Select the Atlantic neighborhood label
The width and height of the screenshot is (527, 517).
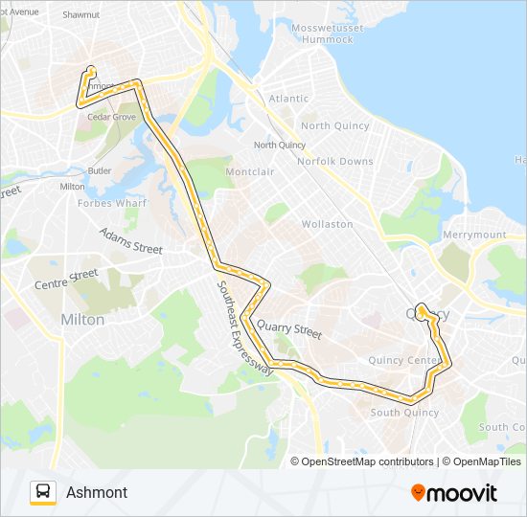288,99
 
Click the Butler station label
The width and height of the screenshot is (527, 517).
100,170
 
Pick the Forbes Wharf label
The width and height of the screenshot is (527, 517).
111,203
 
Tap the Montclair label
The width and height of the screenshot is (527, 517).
250,171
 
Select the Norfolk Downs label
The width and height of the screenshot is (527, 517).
335,161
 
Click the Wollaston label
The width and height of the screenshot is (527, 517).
328,224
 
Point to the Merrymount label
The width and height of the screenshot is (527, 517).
475,235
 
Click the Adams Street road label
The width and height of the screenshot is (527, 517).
131,241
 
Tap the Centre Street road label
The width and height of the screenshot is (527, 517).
66,280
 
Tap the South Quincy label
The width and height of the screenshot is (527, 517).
404,413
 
